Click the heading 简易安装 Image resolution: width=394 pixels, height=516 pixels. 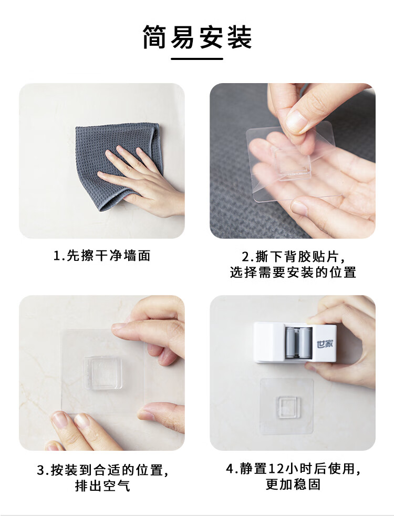click(197, 37)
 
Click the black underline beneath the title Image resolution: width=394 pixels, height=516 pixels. click(197, 59)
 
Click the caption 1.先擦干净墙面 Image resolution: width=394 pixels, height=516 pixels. click(102, 256)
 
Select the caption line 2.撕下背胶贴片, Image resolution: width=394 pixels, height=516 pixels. click(294, 257)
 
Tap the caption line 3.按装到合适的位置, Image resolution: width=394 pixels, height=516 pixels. click(103, 470)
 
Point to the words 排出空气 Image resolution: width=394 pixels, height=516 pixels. click(102, 485)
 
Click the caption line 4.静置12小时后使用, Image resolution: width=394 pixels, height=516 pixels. click(293, 469)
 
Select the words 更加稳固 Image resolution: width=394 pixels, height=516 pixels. click(293, 484)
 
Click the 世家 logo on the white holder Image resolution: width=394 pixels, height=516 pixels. click(325, 344)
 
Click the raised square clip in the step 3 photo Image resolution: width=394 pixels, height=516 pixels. click(103, 372)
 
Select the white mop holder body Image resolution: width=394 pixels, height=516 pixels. click(295, 342)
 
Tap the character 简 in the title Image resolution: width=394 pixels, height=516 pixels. click(156, 37)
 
